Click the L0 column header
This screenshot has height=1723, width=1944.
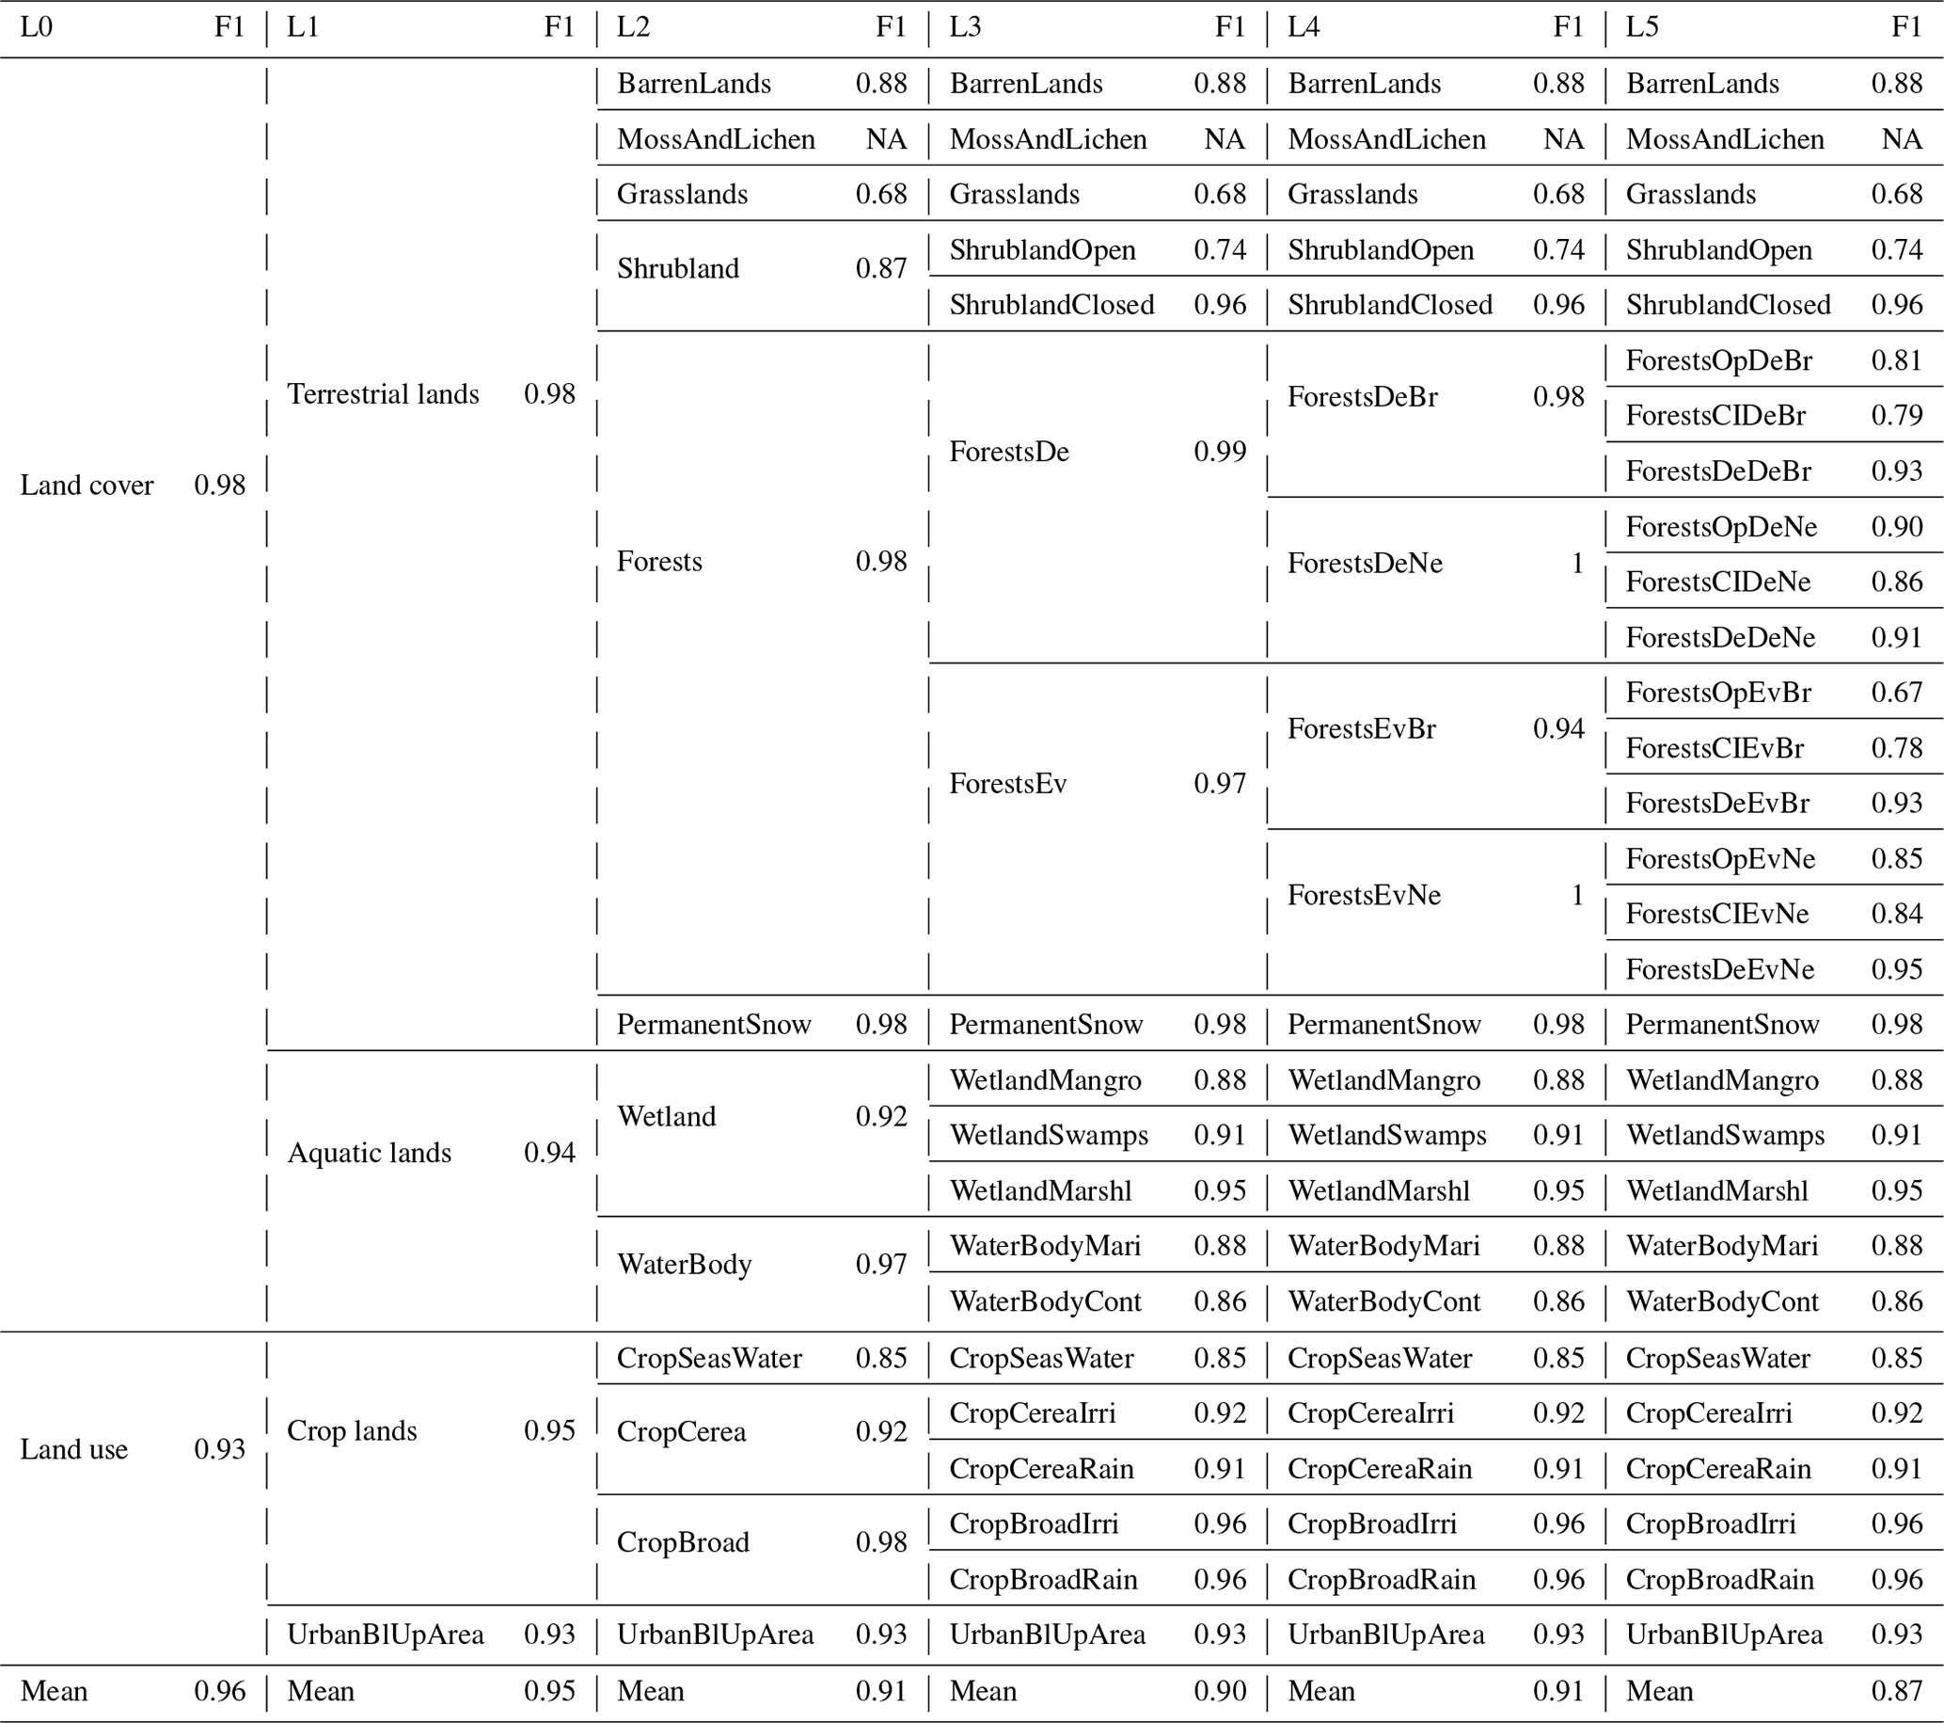coord(36,27)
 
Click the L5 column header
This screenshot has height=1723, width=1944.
coord(1642,27)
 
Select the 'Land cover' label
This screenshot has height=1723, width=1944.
coord(87,486)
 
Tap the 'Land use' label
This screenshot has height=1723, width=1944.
coord(74,1449)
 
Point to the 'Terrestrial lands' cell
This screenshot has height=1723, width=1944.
coord(384,394)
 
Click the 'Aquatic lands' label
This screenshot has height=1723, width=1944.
coord(369,1153)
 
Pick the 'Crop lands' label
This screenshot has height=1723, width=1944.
coord(352,1431)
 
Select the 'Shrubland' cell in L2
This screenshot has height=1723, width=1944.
coord(677,268)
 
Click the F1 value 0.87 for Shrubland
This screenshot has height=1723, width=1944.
coord(880,268)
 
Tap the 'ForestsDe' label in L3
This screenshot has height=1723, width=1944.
coord(1009,452)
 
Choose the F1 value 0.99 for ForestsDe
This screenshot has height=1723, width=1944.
coord(1219,452)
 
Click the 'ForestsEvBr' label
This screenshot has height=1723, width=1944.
coord(1361,728)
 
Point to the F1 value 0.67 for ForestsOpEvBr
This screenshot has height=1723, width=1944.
coord(1896,693)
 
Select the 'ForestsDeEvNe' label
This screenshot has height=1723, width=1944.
coord(1719,969)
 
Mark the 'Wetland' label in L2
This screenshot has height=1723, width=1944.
coord(666,1116)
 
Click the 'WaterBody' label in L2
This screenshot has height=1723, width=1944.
coord(684,1265)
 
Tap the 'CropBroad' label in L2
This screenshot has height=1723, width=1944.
coord(683,1542)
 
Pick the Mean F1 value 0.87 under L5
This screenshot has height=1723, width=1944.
coord(1896,1691)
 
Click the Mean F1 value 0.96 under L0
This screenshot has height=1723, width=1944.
coord(220,1691)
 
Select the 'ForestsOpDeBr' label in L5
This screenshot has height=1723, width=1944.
coord(1718,360)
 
